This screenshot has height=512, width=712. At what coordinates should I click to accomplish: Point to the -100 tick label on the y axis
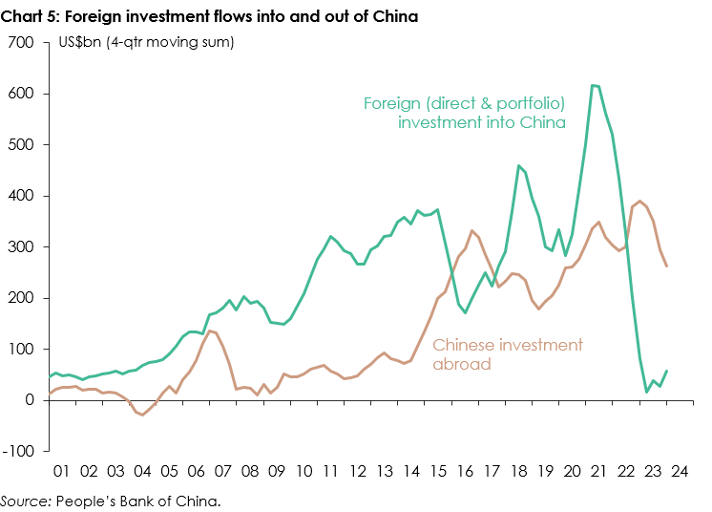click(19, 451)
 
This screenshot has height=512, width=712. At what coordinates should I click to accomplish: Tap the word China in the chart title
click(393, 16)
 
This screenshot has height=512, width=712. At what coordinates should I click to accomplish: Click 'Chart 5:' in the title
click(30, 16)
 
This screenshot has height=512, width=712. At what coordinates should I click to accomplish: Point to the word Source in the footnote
click(25, 500)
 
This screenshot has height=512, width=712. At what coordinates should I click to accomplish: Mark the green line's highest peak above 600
click(593, 85)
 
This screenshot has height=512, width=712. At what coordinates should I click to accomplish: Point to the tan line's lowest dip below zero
click(142, 415)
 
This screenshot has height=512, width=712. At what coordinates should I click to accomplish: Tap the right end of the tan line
click(665, 267)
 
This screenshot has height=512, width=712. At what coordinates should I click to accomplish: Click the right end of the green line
click(665, 371)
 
